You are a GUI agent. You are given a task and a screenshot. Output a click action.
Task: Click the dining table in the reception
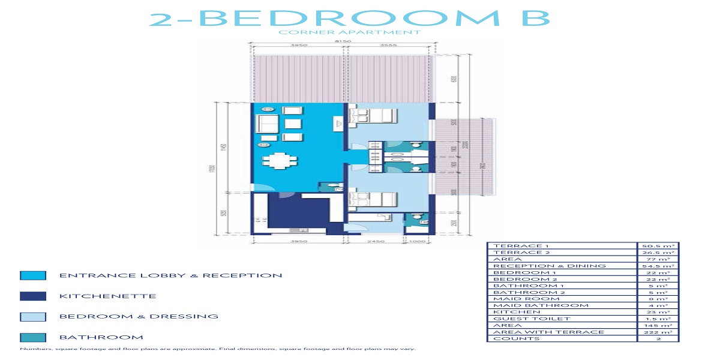click(x=280, y=161)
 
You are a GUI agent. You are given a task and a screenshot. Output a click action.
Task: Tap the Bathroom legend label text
click(x=101, y=337)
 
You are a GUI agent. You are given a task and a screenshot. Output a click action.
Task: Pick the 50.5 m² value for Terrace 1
click(x=657, y=246)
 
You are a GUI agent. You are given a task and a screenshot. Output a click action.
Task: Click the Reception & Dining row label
click(x=549, y=266)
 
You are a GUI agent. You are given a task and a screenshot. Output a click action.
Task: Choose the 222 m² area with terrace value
click(x=657, y=332)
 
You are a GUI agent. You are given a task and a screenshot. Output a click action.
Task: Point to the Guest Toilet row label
click(x=523, y=319)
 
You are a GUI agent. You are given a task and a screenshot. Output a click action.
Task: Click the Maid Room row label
click(x=518, y=299)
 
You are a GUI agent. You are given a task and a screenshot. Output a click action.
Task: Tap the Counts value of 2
click(x=657, y=339)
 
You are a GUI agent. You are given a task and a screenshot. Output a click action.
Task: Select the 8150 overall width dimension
click(x=343, y=41)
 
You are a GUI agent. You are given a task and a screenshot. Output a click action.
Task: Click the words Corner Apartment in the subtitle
click(x=349, y=32)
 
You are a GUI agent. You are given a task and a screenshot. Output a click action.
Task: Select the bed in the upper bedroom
click(x=376, y=116)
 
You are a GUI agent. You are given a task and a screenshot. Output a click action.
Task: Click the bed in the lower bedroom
click(x=376, y=201)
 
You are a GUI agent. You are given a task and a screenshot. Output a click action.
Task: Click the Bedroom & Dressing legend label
click(x=138, y=316)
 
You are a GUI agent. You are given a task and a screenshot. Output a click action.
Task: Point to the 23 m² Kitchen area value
click(x=657, y=312)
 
